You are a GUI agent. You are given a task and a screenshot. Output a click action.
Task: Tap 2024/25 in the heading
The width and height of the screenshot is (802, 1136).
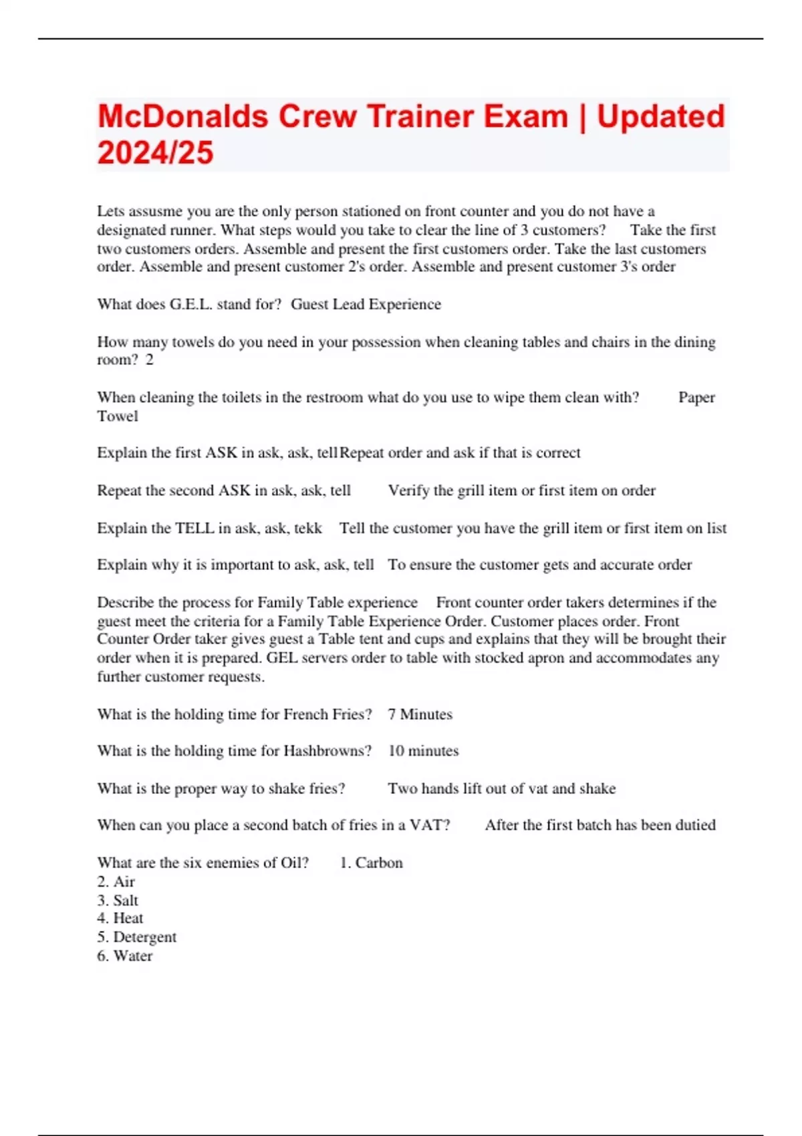point(155,153)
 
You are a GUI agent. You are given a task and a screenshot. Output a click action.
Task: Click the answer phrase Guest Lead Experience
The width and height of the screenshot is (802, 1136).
point(366,305)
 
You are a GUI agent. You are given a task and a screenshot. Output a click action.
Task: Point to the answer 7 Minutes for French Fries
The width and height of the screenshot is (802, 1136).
point(420,714)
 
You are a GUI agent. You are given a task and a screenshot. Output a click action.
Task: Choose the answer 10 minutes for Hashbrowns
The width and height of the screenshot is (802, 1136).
point(423,751)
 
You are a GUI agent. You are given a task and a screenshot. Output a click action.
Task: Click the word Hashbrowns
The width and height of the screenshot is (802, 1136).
point(327,751)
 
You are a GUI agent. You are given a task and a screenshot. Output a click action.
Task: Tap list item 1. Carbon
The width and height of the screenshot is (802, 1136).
point(371,863)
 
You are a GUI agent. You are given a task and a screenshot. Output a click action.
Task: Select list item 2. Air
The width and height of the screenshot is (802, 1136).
point(116,882)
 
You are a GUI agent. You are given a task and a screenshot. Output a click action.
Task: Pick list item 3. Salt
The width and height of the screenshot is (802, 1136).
point(118,901)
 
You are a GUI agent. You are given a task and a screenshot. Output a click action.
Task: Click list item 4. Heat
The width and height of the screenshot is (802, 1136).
point(120,919)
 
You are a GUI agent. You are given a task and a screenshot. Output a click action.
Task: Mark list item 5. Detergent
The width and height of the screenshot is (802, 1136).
point(137,938)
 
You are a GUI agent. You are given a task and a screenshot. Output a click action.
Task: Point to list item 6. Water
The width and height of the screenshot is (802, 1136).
point(125,956)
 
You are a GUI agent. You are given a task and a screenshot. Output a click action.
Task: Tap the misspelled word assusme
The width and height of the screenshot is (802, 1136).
point(155,211)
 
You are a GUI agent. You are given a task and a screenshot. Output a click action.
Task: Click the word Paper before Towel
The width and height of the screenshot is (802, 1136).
point(696,398)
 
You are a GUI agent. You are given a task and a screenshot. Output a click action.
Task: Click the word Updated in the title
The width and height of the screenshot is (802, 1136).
point(660,116)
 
